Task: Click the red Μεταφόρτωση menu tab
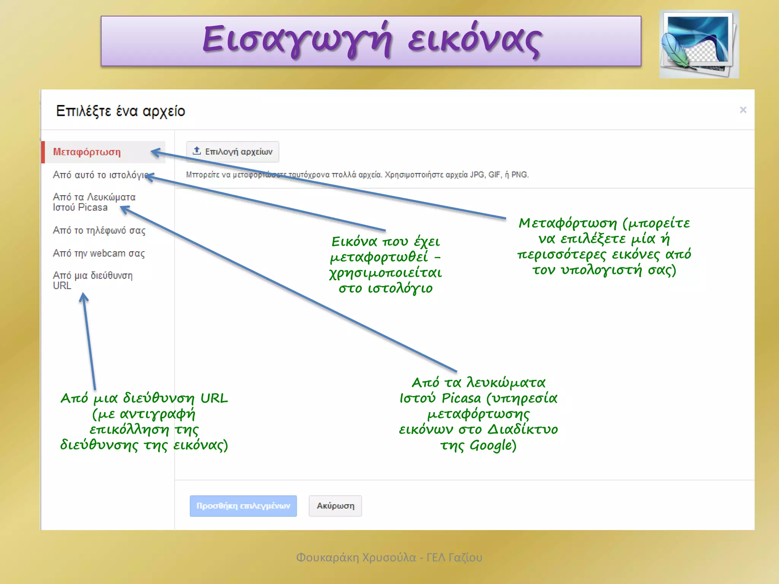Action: (x=87, y=152)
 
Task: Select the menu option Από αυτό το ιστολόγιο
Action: (x=100, y=175)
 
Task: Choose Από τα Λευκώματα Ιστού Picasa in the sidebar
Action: (x=94, y=202)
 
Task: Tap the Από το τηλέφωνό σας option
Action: (x=99, y=230)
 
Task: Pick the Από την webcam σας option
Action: (x=99, y=253)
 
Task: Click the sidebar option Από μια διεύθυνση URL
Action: (x=92, y=280)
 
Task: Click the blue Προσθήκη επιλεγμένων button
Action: (x=243, y=506)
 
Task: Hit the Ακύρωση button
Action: (x=335, y=506)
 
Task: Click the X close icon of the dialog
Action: (x=743, y=110)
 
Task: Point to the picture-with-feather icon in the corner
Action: (x=699, y=44)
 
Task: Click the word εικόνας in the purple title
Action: (x=474, y=41)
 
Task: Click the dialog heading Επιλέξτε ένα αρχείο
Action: (x=120, y=111)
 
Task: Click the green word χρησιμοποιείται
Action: (x=385, y=273)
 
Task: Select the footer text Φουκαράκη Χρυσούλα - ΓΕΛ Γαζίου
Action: (x=389, y=557)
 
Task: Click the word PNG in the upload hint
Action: (x=520, y=175)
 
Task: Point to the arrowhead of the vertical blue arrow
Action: (x=83, y=297)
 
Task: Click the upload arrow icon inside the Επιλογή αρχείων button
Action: (x=197, y=151)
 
